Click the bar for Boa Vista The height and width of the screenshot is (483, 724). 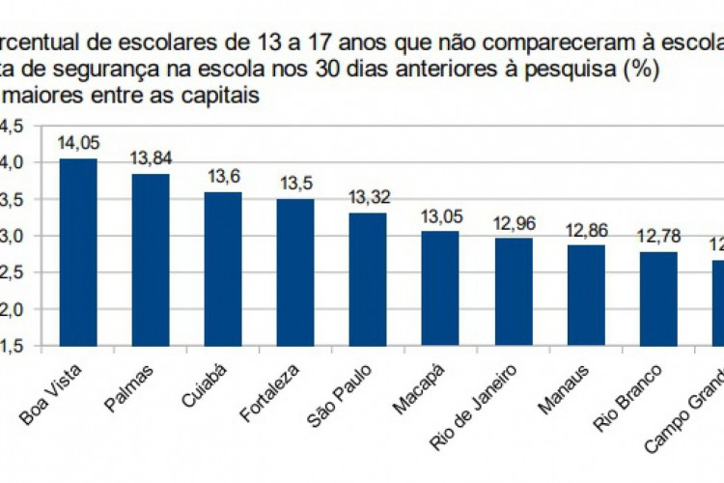click(x=78, y=251)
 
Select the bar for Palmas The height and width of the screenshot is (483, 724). click(x=151, y=259)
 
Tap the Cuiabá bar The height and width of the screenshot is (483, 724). click(x=223, y=268)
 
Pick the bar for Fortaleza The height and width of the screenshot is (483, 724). click(x=295, y=271)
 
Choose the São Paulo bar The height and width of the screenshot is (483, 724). click(x=368, y=278)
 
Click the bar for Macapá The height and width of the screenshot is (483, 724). click(x=440, y=288)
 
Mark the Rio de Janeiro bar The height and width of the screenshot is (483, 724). click(x=514, y=291)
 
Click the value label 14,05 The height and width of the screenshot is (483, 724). click(x=78, y=143)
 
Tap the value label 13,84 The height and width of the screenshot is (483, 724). click(x=151, y=158)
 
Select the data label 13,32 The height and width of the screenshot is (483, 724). click(x=368, y=197)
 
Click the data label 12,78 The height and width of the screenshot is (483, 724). click(x=658, y=236)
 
